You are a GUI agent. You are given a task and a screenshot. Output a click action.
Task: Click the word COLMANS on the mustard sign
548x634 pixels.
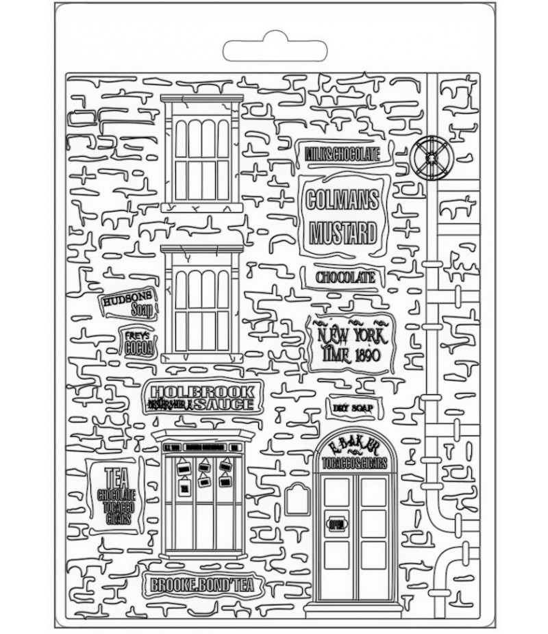click(x=343, y=200)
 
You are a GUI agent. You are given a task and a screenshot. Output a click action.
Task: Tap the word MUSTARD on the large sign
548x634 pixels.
click(x=343, y=233)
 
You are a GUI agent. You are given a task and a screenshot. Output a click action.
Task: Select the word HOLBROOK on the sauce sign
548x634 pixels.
click(x=203, y=392)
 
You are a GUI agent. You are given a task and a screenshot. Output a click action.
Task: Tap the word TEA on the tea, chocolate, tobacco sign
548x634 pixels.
click(x=116, y=474)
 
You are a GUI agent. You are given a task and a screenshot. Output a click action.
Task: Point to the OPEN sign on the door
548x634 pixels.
click(x=337, y=524)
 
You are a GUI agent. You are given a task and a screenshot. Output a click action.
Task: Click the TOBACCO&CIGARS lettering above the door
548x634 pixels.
click(x=354, y=464)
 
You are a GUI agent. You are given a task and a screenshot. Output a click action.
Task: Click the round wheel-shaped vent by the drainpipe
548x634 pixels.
click(x=431, y=158)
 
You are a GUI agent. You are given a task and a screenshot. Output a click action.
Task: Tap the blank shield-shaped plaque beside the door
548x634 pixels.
click(x=297, y=499)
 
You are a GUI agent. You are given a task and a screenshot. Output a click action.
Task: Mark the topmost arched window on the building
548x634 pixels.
click(x=202, y=153)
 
